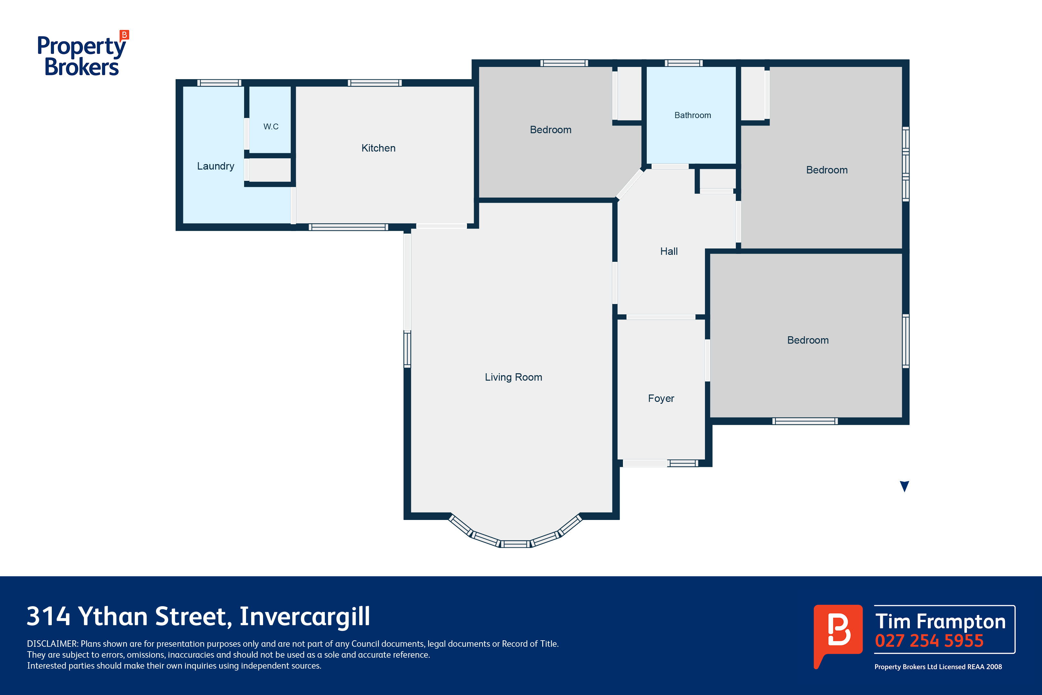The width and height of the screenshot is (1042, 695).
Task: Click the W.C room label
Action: (271, 127)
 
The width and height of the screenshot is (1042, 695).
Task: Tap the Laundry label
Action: (216, 166)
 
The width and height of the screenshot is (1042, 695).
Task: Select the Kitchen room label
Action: (378, 148)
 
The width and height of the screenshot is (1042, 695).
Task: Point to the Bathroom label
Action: (692, 115)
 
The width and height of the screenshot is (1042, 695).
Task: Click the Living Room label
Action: (514, 377)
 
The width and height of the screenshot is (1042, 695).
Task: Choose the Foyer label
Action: (661, 398)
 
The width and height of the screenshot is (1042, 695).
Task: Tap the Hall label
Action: (669, 251)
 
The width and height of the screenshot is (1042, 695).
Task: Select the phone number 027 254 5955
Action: (929, 641)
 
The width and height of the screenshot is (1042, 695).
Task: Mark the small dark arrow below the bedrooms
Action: (905, 486)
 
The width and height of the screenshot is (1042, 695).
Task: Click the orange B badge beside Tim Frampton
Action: (838, 634)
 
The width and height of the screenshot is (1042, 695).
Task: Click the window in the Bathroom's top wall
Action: (684, 63)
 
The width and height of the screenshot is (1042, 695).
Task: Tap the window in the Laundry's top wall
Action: (219, 83)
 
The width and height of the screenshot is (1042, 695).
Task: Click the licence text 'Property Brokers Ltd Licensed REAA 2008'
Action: (938, 667)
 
